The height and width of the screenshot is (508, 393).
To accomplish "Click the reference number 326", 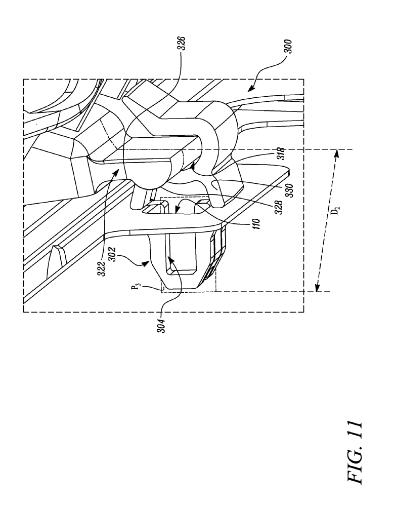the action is [x=183, y=43].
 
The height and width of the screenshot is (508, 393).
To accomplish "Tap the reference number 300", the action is [x=288, y=46].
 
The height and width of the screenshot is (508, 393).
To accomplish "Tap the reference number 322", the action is [x=103, y=269].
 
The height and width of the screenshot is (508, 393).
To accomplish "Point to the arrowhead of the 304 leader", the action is [x=169, y=257].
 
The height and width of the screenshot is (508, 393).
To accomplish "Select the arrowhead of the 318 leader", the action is [x=193, y=166].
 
